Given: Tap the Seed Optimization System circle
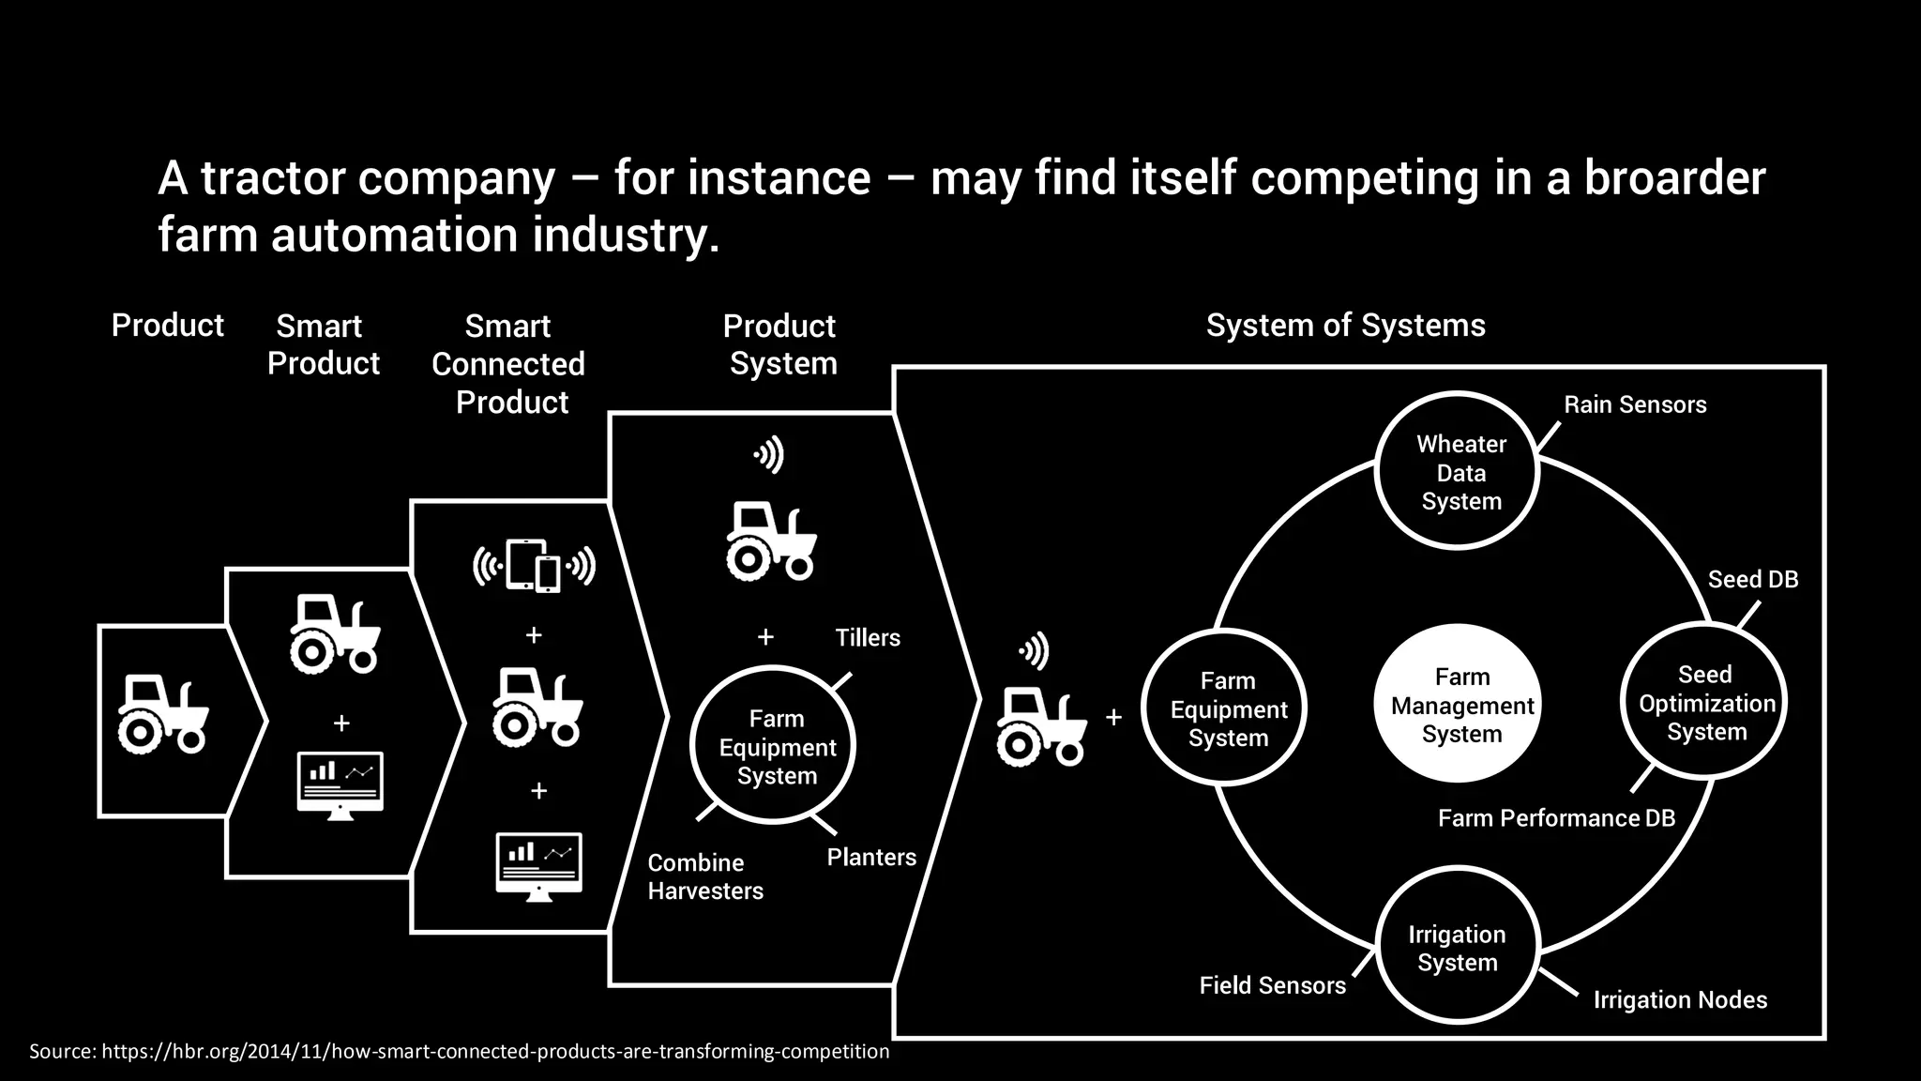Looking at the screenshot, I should (1704, 702).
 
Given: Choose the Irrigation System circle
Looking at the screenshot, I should (1458, 946).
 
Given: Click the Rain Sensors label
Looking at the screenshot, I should (1634, 404).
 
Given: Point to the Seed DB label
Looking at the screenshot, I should (1752, 579).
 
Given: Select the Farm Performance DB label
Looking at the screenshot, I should (1556, 818).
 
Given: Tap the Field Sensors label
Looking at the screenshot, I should (1272, 985).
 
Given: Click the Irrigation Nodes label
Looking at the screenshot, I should (1679, 1000).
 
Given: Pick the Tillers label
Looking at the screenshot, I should (867, 638).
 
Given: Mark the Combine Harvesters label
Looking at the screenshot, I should (704, 876).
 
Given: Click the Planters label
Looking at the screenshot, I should (870, 857).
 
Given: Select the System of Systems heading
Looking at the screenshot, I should (1345, 326).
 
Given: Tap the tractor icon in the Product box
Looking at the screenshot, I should (162, 714).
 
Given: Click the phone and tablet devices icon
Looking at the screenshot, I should (534, 565).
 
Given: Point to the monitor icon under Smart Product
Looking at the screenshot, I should (340, 784).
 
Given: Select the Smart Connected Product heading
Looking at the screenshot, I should (508, 364).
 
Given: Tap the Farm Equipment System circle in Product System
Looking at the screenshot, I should (774, 746).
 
